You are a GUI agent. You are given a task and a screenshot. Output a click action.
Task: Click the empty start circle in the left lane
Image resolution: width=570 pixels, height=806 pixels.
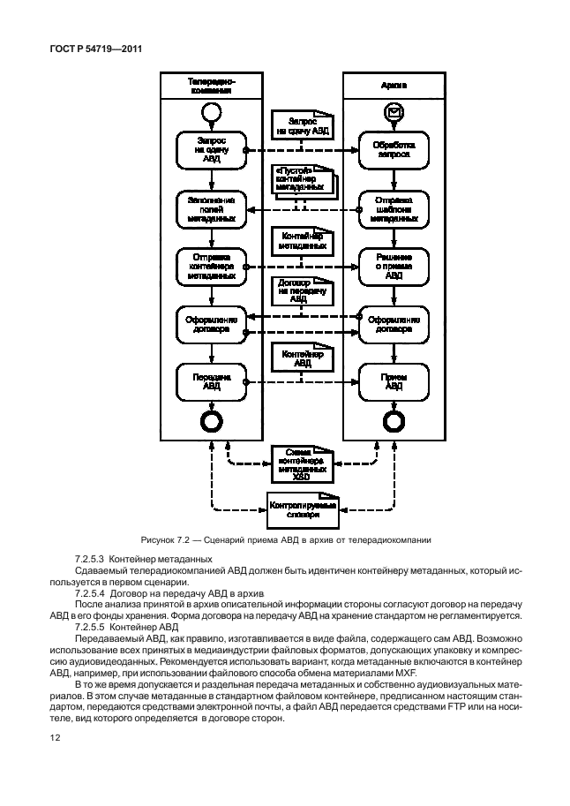211,111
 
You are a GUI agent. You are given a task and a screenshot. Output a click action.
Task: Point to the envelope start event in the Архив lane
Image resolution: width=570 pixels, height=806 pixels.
393,111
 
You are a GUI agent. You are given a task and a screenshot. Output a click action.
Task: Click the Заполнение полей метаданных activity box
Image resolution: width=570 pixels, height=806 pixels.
211,210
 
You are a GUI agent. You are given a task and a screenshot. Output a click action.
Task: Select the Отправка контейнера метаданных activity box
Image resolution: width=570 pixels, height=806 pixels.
211,265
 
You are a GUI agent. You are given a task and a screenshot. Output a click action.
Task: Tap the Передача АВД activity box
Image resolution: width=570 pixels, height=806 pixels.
211,380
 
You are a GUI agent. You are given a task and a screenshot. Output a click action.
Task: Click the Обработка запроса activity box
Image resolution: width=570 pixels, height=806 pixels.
393,147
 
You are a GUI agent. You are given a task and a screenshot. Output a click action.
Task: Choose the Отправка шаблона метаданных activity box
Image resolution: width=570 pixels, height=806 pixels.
393,210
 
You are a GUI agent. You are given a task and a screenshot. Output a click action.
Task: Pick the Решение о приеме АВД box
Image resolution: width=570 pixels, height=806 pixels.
393,265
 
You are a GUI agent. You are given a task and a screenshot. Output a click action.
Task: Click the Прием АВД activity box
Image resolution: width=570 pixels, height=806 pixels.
393,380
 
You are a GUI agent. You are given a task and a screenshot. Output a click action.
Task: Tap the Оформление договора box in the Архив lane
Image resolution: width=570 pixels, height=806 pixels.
393,323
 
